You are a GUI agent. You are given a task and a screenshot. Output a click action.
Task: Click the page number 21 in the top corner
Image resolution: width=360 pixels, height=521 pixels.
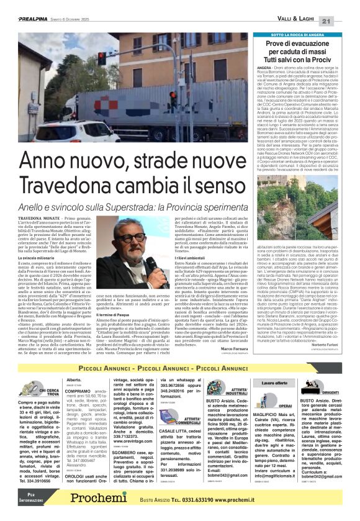pos(344,5)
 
